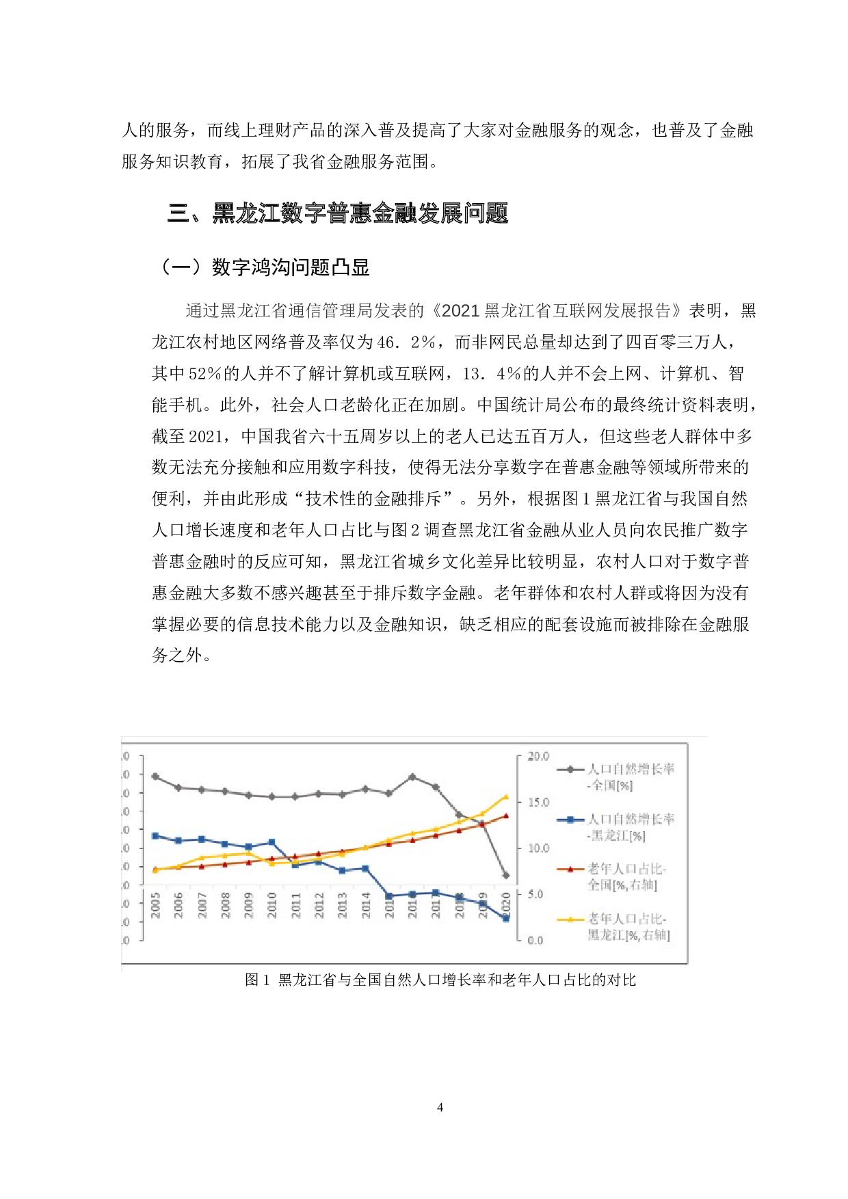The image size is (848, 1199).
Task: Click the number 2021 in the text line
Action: pos(461,311)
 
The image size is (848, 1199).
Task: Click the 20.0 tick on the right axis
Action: pos(538,756)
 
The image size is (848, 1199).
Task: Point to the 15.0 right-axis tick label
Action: pos(538,802)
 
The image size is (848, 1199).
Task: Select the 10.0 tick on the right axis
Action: pos(538,848)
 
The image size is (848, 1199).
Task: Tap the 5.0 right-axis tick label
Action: pos(535,894)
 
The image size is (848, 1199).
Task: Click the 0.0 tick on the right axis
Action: pos(535,941)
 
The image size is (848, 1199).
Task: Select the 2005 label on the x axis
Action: pos(155,904)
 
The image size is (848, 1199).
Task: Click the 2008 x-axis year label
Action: pos(225,904)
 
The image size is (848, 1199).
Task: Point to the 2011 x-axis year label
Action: pos(295,904)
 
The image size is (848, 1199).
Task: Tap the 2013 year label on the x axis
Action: pos(342,904)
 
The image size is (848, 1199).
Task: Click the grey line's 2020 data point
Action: pos(506,875)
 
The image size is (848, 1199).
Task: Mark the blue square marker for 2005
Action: pos(155,835)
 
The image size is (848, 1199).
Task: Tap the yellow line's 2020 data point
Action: pos(506,796)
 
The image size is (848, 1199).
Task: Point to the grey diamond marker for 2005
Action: pos(155,777)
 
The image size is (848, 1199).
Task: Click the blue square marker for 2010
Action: pos(272,842)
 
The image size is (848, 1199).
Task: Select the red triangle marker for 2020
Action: pos(506,816)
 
